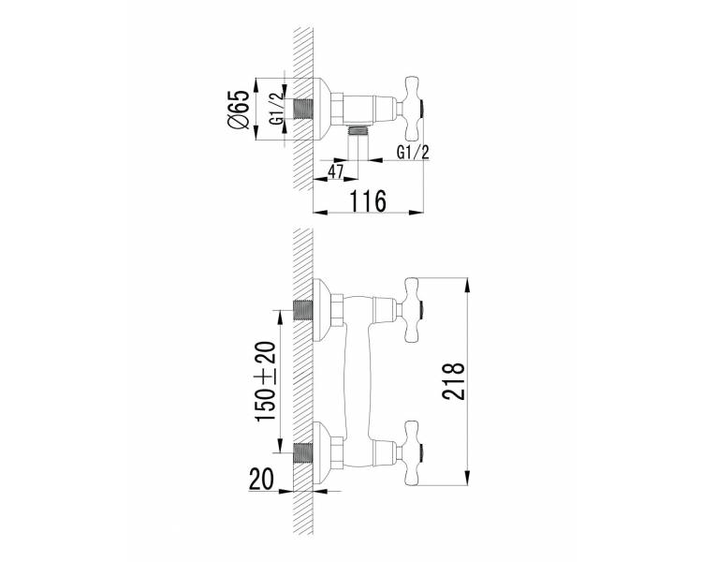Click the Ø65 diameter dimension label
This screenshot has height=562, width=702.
[238, 109]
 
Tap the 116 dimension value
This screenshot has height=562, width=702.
[367, 200]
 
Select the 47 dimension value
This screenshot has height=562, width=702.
[335, 171]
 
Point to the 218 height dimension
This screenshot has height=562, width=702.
[454, 380]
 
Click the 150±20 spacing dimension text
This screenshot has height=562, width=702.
[265, 381]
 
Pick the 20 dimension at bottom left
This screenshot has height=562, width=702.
[261, 479]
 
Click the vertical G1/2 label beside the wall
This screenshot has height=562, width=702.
[277, 109]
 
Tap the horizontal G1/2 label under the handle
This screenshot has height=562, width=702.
[413, 153]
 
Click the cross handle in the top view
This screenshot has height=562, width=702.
[413, 108]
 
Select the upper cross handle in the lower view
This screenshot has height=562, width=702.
[413, 310]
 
